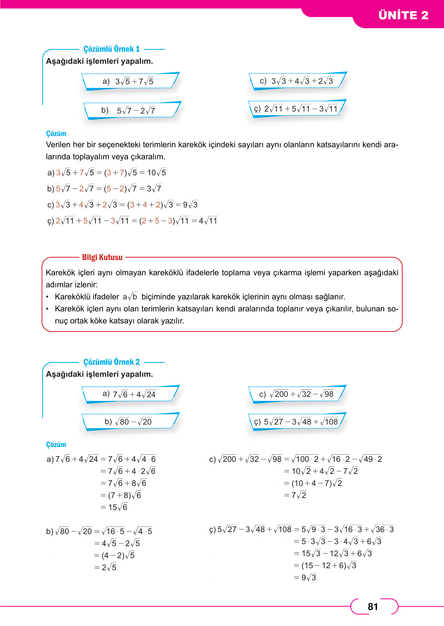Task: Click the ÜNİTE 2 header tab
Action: tap(403, 15)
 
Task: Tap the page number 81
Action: tap(373, 606)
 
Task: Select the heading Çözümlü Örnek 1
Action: tap(112, 49)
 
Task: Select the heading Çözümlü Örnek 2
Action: tap(112, 362)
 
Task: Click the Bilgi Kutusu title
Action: tap(102, 257)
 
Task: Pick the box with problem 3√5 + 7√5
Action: tap(131, 81)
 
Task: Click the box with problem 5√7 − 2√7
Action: tap(132, 110)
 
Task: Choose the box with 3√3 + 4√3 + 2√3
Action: tap(298, 81)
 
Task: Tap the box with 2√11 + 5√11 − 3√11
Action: tap(297, 109)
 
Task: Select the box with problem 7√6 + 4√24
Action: tap(131, 394)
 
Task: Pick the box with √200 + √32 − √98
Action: tap(297, 394)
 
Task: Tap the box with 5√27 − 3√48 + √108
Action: tap(297, 422)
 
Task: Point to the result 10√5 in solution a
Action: tap(157, 173)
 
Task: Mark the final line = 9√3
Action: tap(305, 577)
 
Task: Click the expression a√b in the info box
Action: tap(130, 297)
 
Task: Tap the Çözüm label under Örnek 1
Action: tap(56, 134)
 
